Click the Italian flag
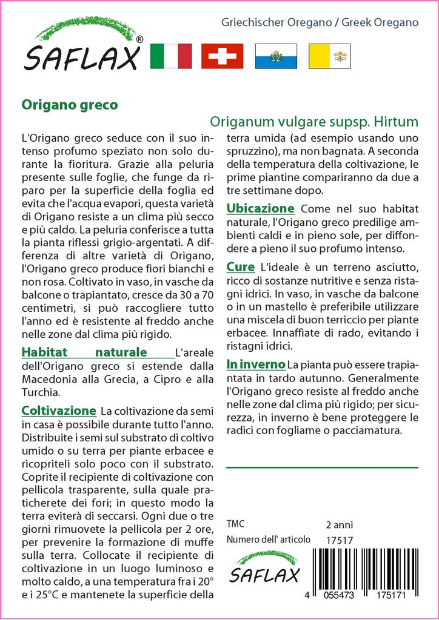[170, 56]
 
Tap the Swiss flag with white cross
[222, 56]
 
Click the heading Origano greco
[70, 104]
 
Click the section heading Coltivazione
[59, 411]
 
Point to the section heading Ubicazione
[261, 208]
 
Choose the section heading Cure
[241, 266]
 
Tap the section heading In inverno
[255, 364]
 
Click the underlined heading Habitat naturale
[84, 352]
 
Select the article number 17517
[340, 540]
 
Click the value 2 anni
[339, 524]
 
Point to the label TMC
[236, 524]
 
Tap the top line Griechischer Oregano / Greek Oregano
[320, 22]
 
